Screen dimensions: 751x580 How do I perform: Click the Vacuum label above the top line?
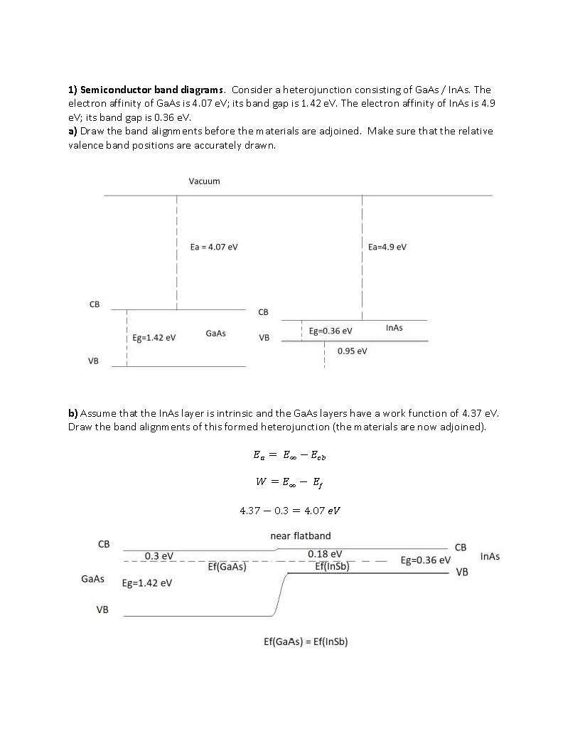click(204, 181)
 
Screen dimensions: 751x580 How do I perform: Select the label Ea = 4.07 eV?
click(214, 247)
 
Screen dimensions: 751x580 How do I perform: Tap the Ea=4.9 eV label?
click(387, 247)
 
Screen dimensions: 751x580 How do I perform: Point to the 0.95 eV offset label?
click(352, 351)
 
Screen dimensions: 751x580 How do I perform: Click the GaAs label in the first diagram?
click(215, 334)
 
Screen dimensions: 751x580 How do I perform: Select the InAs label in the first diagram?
click(394, 328)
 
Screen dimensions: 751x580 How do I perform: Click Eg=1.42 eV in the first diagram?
click(154, 338)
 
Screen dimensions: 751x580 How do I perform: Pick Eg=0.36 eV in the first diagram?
click(331, 331)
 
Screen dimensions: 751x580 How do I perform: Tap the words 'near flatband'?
click(301, 536)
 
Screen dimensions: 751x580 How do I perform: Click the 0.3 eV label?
click(159, 555)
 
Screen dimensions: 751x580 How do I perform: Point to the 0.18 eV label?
click(325, 554)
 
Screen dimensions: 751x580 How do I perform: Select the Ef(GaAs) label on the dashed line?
click(227, 567)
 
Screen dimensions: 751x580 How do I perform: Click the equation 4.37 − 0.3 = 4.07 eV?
click(291, 511)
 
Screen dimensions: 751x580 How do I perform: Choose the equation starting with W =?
click(291, 482)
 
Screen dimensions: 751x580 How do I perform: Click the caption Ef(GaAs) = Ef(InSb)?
click(306, 641)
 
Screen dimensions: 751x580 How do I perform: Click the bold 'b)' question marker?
click(73, 413)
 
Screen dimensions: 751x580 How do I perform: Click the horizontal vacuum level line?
click(299, 195)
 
